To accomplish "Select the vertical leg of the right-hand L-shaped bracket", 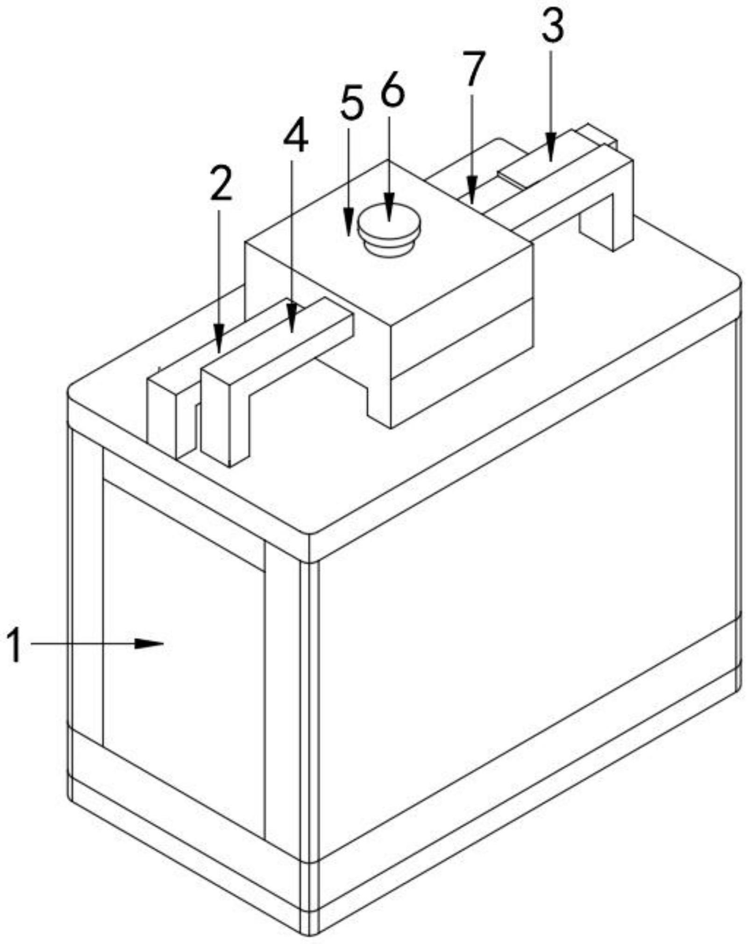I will tap(622, 206).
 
